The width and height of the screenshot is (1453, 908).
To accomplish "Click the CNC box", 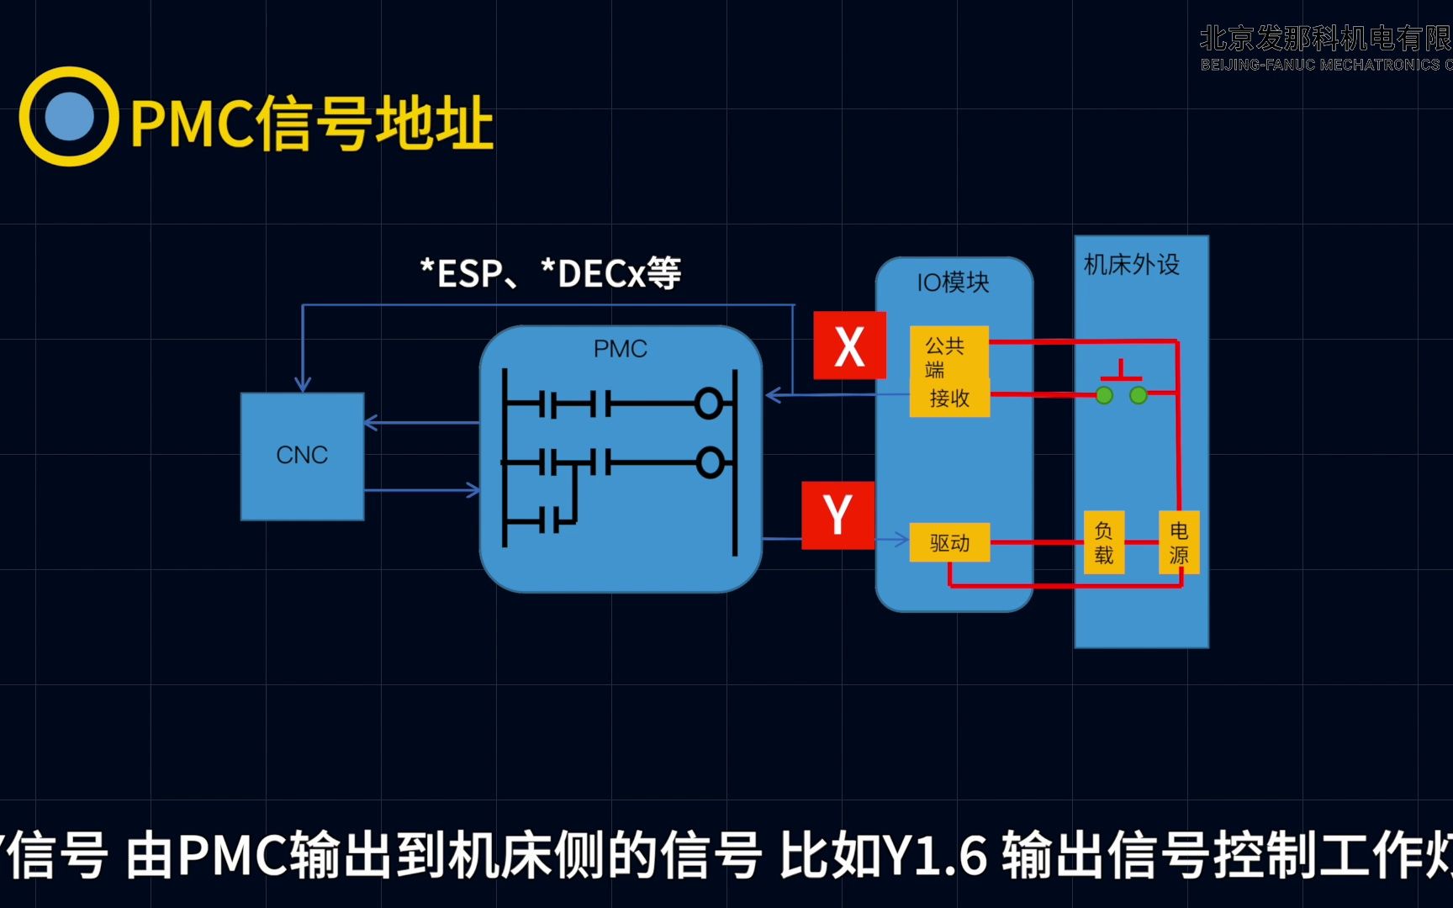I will (302, 456).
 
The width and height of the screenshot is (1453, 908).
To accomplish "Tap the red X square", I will (849, 346).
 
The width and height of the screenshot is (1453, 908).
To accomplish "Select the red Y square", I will (837, 515).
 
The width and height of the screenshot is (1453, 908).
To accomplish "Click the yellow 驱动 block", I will (949, 543).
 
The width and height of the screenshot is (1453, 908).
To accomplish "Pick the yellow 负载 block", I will (1103, 542).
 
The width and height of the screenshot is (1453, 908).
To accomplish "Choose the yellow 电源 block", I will (1179, 542).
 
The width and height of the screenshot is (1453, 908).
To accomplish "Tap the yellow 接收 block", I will (949, 398).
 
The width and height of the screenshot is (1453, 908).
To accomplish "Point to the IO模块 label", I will (953, 282).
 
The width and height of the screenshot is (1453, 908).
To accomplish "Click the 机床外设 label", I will (1131, 265).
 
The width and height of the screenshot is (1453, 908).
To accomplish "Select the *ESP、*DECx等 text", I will (551, 274).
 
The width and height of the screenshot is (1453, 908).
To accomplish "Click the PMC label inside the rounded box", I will (621, 349).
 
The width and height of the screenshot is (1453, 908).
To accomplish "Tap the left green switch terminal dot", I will (1104, 395).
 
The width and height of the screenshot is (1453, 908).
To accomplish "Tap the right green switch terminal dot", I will (1139, 395).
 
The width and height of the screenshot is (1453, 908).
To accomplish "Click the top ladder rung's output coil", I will (709, 404).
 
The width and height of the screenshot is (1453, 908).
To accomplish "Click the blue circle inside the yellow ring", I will (69, 116).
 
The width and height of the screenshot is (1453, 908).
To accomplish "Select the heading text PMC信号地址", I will (311, 124).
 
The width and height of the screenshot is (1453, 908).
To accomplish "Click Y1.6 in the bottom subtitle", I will (934, 855).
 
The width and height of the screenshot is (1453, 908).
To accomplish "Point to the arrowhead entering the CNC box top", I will (303, 385).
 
